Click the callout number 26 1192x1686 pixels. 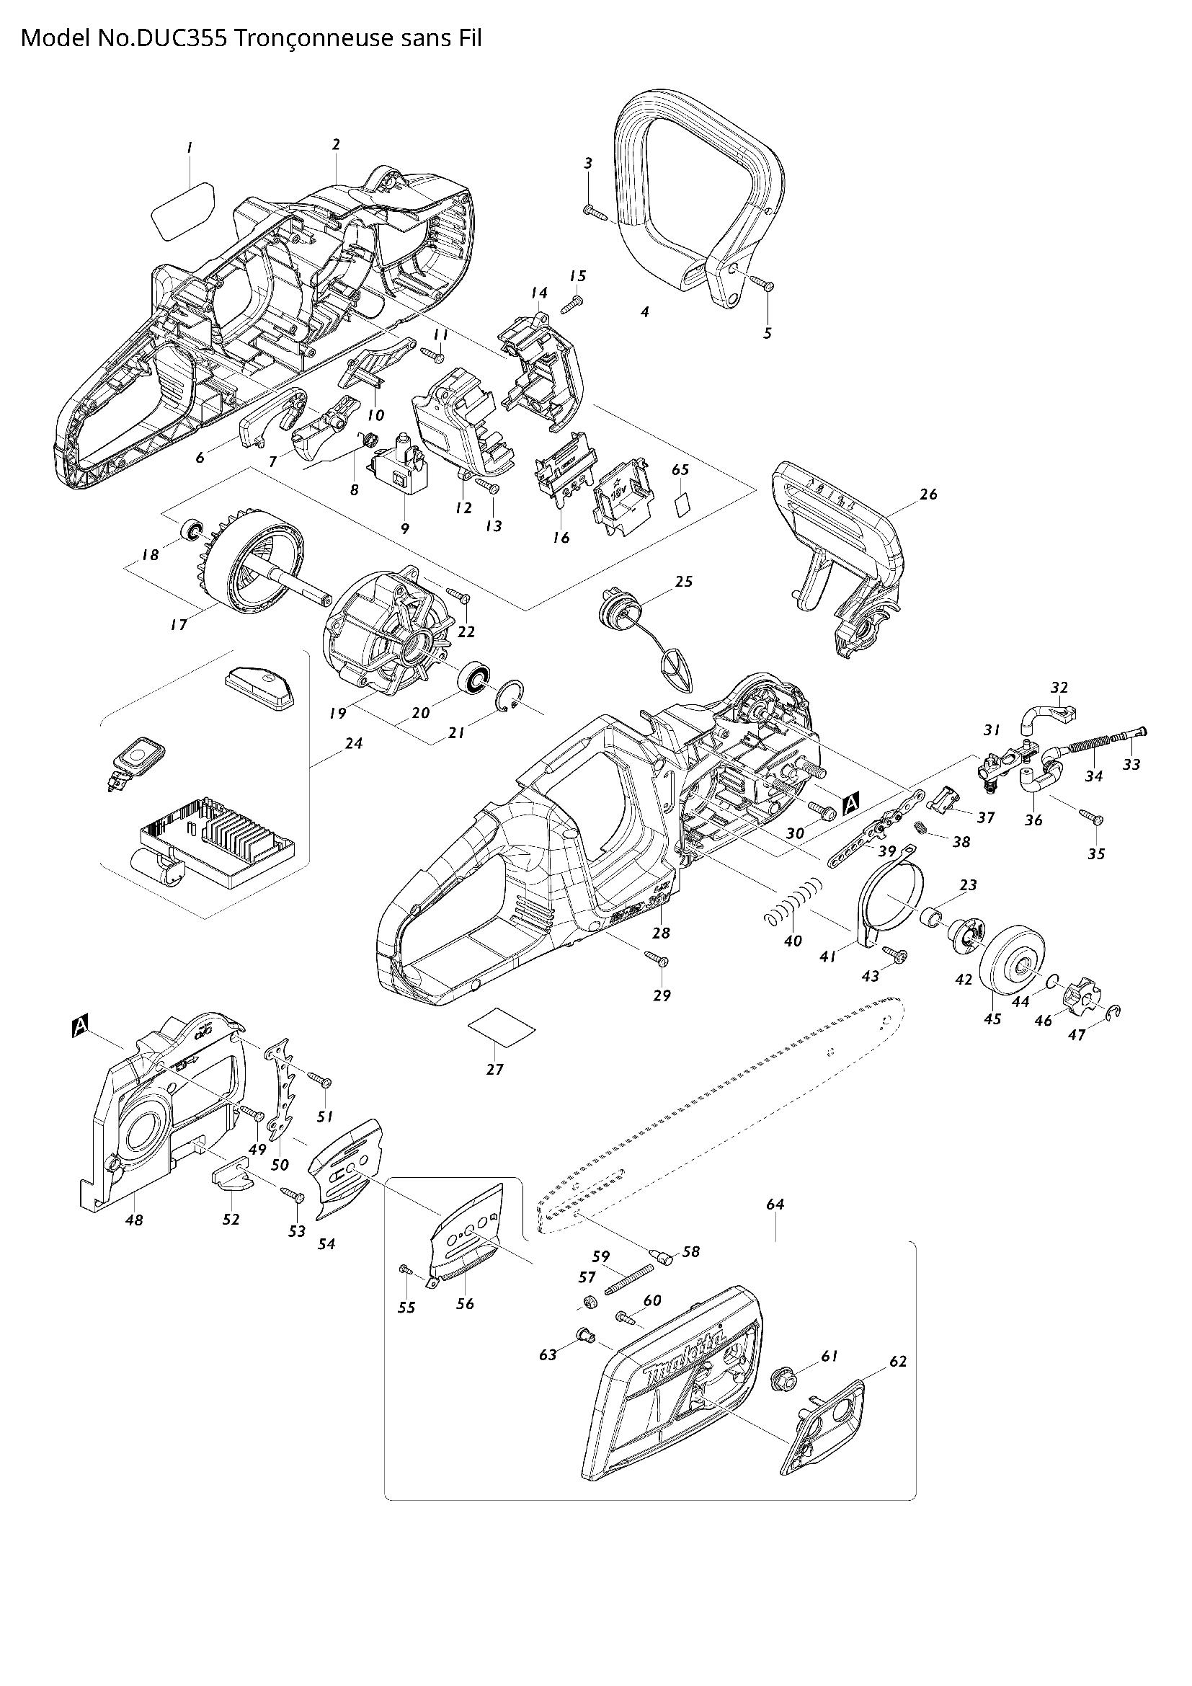coord(928,494)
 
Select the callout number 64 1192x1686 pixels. coord(775,1204)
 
